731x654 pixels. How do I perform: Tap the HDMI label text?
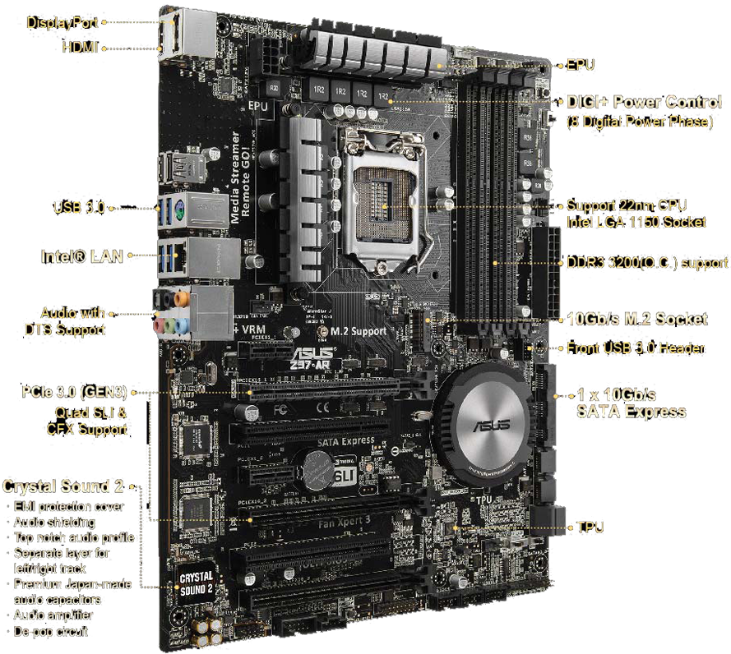tap(81, 48)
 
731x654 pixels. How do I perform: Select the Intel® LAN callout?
tap(82, 256)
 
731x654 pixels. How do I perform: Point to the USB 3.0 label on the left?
tap(79, 207)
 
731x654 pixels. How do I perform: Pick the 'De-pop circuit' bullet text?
tap(51, 631)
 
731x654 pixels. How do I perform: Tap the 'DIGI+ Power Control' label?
tap(645, 103)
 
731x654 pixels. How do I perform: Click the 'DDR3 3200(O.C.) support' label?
tap(647, 264)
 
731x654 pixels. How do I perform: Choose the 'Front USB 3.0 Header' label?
tap(635, 348)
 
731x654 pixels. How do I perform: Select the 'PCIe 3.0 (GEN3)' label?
tap(75, 392)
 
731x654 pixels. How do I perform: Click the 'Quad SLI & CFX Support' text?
tap(86, 421)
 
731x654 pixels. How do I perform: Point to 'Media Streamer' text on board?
tap(235, 188)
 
